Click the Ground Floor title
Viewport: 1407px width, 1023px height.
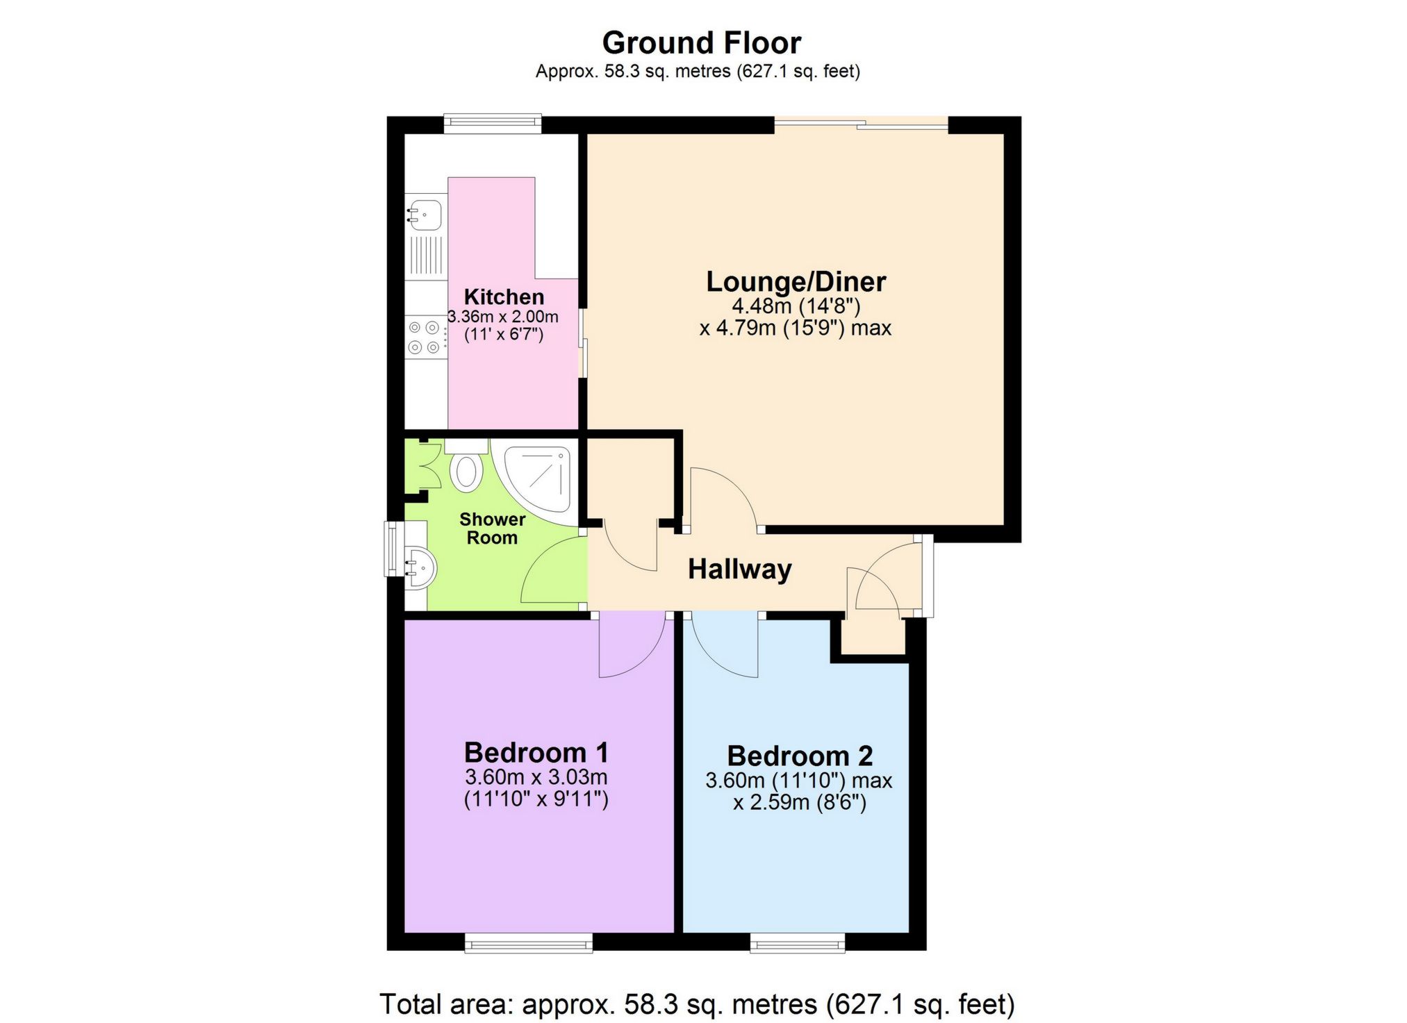pos(701,43)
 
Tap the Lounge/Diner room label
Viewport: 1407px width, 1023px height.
pos(796,282)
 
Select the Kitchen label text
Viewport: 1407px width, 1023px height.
pos(504,297)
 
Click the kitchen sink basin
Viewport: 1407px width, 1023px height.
pos(424,214)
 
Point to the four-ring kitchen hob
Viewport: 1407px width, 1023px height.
pos(425,337)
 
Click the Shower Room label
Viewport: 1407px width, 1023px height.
pos(492,529)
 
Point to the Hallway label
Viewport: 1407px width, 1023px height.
pos(739,569)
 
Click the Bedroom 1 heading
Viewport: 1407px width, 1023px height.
pos(536,753)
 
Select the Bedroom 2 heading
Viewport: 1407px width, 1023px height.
pos(799,756)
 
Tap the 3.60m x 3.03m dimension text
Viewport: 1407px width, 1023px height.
pos(536,777)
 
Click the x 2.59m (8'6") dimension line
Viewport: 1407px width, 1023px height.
pos(799,803)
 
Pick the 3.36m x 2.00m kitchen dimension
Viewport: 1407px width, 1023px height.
pos(503,317)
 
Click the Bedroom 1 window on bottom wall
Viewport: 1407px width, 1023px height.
pos(528,942)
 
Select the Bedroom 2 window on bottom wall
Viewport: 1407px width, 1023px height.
pos(797,942)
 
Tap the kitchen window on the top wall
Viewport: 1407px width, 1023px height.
pos(492,124)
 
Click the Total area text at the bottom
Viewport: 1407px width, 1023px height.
pos(696,1004)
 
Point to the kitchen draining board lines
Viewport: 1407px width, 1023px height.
pos(425,254)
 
